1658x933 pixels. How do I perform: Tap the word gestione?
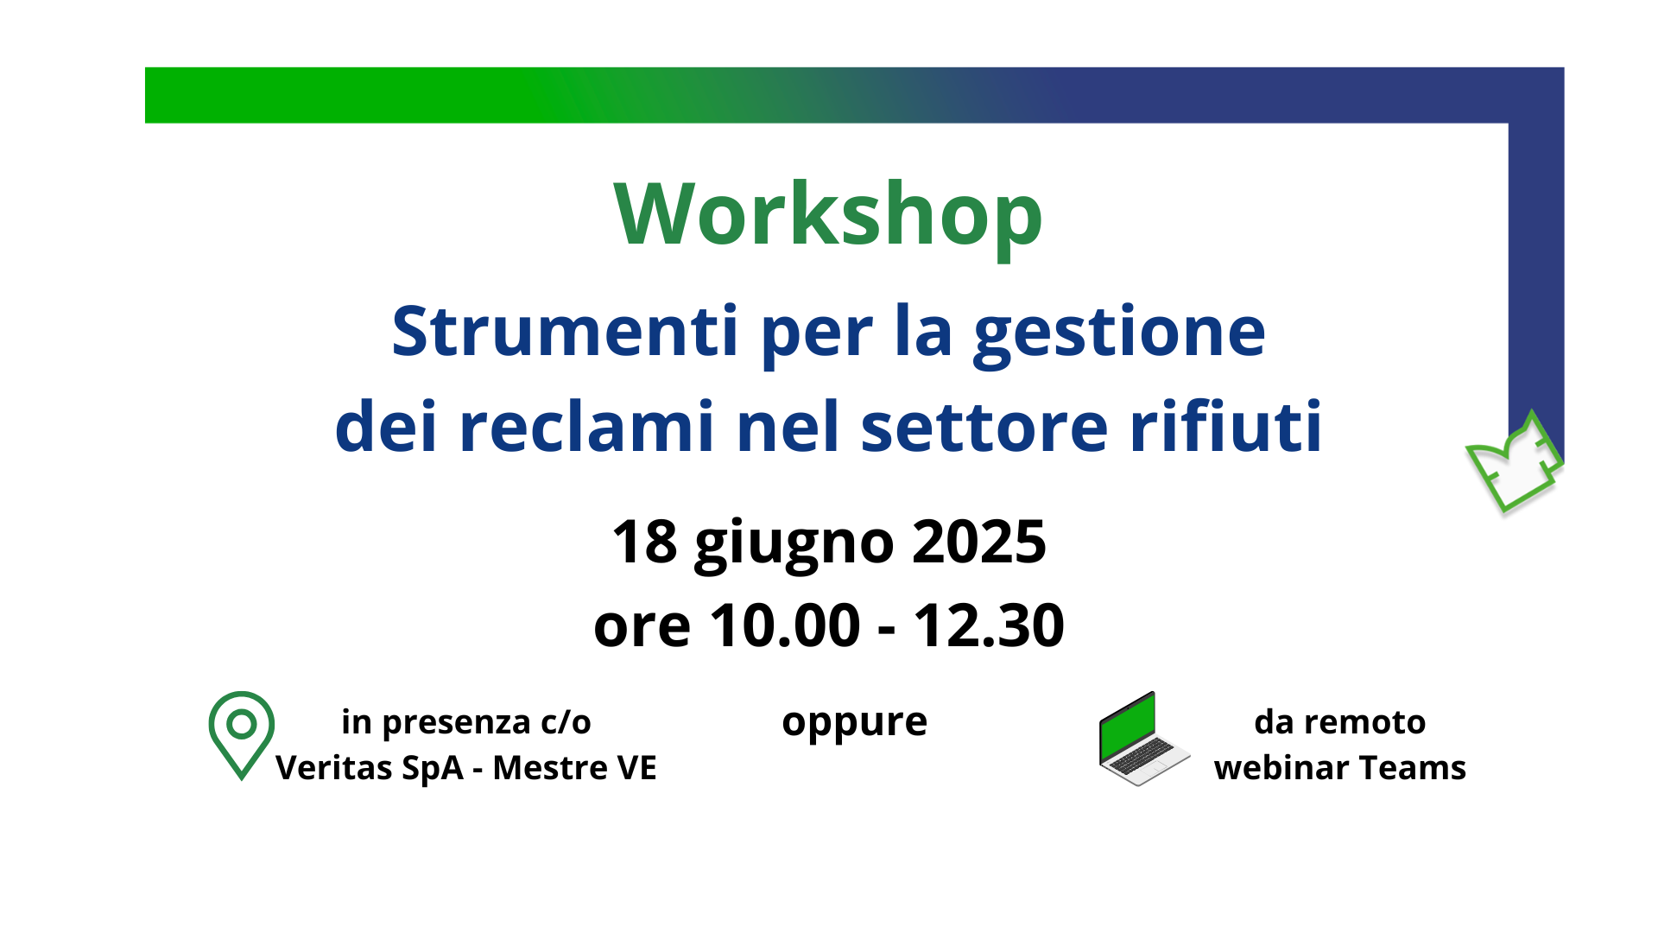1119,333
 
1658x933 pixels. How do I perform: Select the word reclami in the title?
586,427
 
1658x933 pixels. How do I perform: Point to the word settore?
984,427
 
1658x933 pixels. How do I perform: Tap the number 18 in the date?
644,543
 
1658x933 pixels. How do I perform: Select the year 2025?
978,543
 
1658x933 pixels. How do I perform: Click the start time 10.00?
785,625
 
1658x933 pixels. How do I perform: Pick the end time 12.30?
989,625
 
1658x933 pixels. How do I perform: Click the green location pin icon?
242,734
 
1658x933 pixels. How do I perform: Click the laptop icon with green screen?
1142,739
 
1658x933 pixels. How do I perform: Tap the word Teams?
1427,767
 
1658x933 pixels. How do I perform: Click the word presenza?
456,722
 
